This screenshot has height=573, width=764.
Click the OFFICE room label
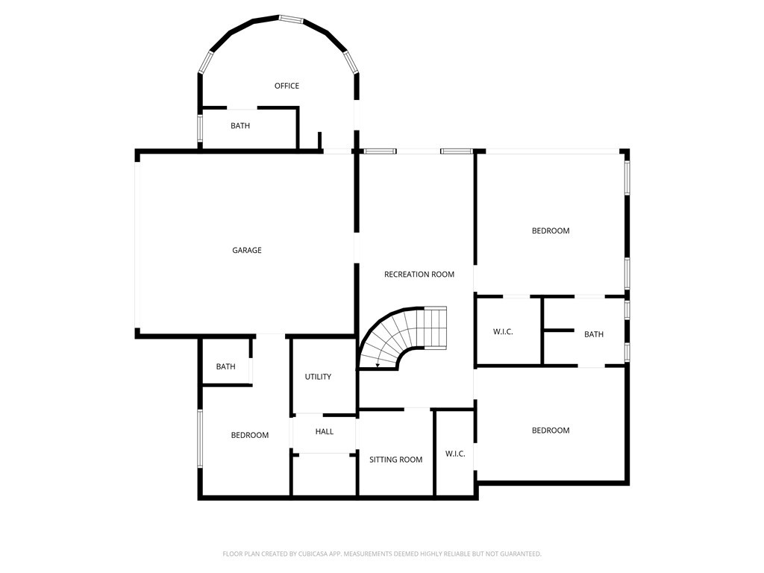point(286,86)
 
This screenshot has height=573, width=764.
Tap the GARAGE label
point(246,250)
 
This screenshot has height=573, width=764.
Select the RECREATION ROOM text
point(419,275)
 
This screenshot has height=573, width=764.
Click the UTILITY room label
point(318,377)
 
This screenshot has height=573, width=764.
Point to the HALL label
point(324,431)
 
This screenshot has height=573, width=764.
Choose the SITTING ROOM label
point(395,460)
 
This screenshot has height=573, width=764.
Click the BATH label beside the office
point(240,125)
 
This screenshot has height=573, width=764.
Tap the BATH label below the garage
point(225,366)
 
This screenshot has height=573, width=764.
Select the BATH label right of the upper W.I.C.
point(593,334)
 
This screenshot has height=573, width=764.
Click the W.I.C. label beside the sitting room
point(455,454)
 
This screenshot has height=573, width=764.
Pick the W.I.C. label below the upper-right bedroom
point(503,332)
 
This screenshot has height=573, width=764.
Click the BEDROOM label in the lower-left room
point(249,435)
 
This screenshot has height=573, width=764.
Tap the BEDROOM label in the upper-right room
point(551,231)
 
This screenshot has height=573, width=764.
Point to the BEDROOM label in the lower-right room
point(551,430)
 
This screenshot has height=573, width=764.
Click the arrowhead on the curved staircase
point(378,365)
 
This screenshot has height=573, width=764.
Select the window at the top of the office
point(292,19)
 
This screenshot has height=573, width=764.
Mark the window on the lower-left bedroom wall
point(200,439)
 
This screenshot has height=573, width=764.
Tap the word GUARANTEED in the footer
point(522,554)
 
